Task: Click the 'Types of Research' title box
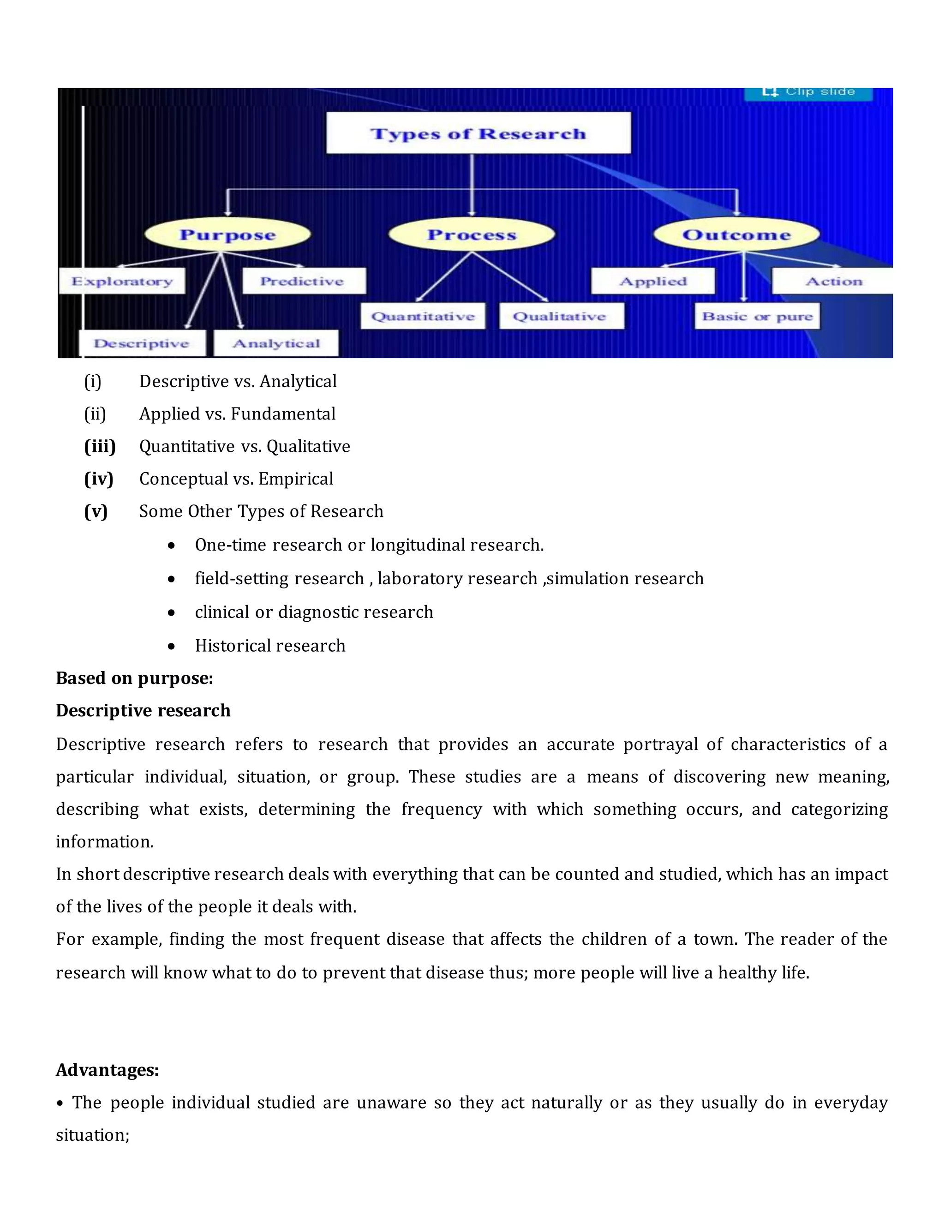478,133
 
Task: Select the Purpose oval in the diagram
227,234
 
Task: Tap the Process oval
472,234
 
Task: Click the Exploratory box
122,281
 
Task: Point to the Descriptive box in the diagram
142,343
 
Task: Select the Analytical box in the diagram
276,343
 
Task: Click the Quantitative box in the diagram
423,317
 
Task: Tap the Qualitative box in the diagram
560,317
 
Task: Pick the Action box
833,281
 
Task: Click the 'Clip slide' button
808,92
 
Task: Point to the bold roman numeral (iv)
99,479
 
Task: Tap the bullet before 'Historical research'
171,646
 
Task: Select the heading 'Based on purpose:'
134,678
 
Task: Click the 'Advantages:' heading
108,1070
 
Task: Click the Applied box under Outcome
653,281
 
